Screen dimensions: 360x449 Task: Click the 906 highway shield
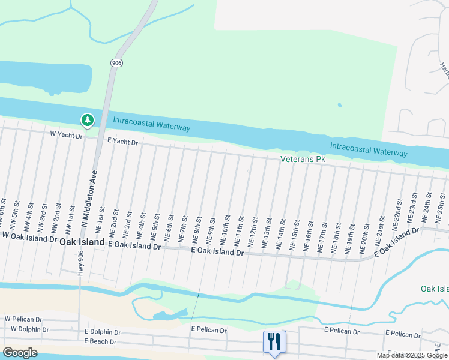point(116,62)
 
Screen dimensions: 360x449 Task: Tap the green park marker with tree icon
point(88,120)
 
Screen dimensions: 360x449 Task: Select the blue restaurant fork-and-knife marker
point(274,342)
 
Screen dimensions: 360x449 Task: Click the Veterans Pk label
point(303,159)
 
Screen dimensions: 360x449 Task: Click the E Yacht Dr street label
point(122,142)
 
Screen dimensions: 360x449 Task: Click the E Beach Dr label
point(100,341)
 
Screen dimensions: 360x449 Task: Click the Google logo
point(20,352)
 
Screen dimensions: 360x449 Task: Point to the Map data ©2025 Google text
point(411,355)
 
